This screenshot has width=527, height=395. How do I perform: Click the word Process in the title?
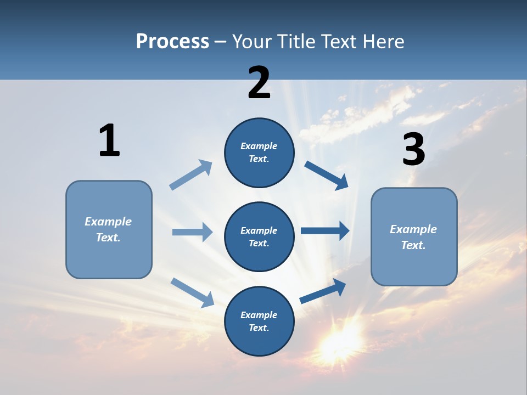pyautogui.click(x=172, y=41)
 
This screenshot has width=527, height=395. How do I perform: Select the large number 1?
pyautogui.click(x=109, y=140)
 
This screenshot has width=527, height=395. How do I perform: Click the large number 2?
pyautogui.click(x=259, y=83)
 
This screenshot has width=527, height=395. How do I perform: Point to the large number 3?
pyautogui.click(x=413, y=149)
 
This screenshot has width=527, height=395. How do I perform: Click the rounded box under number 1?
pyautogui.click(x=109, y=229)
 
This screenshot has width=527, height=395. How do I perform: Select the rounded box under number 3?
pyautogui.click(x=414, y=237)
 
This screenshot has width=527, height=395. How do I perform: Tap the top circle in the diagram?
pyautogui.click(x=259, y=153)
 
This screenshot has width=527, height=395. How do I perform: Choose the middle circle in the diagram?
pyautogui.click(x=259, y=236)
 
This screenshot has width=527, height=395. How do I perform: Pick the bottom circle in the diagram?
pyautogui.click(x=259, y=321)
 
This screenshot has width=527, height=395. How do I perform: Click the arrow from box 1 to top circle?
pyautogui.click(x=191, y=174)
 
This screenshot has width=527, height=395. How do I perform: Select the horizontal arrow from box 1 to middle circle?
pyautogui.click(x=192, y=232)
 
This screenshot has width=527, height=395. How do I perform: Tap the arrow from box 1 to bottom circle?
pyautogui.click(x=192, y=292)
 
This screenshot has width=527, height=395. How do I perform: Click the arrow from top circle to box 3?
pyautogui.click(x=327, y=175)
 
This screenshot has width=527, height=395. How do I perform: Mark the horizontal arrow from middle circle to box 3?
pyautogui.click(x=325, y=231)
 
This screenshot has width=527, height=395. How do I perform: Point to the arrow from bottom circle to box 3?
pyautogui.click(x=323, y=291)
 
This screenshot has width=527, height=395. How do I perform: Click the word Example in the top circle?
pyautogui.click(x=259, y=146)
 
